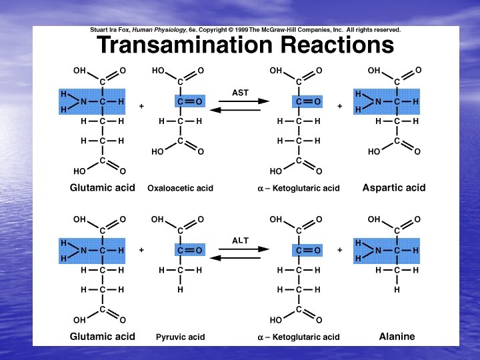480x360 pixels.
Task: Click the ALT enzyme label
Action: [240, 240]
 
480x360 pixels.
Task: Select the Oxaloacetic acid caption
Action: [180, 188]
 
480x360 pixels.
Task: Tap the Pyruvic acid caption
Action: [180, 337]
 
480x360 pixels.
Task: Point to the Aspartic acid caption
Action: [393, 187]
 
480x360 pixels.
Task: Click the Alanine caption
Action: [397, 337]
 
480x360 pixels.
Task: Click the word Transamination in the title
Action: [185, 46]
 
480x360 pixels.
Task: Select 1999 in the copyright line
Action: [239, 30]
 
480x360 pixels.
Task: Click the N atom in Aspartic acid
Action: [378, 101]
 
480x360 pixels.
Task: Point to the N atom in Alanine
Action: [378, 251]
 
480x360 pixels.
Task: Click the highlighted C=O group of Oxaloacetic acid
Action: [189, 101]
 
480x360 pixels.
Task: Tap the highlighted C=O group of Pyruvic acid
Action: [189, 251]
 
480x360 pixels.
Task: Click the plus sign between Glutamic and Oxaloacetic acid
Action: [141, 106]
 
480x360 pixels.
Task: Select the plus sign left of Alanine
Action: [339, 251]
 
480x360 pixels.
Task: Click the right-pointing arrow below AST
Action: [243, 101]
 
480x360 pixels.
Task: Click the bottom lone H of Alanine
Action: [397, 291]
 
